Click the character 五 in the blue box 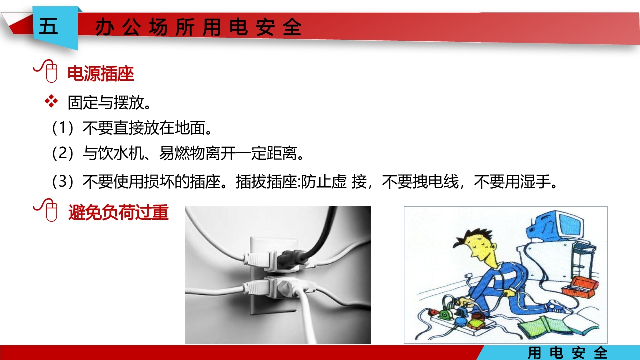[48, 27]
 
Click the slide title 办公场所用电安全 [198, 28]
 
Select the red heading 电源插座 [101, 74]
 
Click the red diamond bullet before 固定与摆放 [51, 102]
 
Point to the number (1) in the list [63, 128]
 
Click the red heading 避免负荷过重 [119, 213]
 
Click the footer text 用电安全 [567, 353]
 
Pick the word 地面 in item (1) [190, 128]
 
